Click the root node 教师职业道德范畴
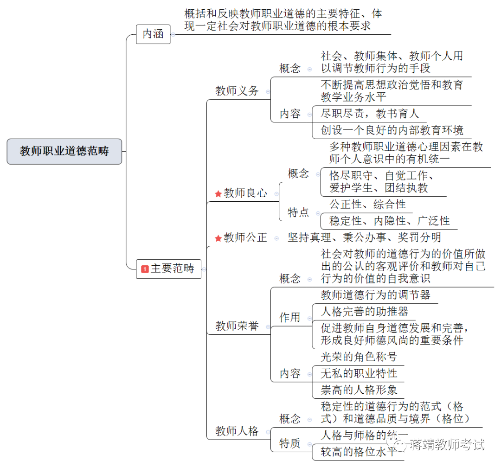[64, 151]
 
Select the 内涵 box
[153, 34]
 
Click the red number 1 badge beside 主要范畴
[145, 269]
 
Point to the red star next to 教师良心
[218, 194]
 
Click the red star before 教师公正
[218, 238]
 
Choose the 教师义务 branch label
[237, 91]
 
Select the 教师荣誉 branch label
[237, 326]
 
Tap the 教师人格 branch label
[237, 431]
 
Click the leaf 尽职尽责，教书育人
[370, 114]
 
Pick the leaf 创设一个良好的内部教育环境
[392, 130]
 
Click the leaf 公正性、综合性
[367, 204]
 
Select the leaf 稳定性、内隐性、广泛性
[389, 221]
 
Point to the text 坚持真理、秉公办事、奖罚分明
[364, 238]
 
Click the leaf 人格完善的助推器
[364, 311]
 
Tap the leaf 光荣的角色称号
[359, 357]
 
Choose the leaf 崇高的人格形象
[359, 390]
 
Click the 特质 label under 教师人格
[290, 443]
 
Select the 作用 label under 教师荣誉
[290, 318]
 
